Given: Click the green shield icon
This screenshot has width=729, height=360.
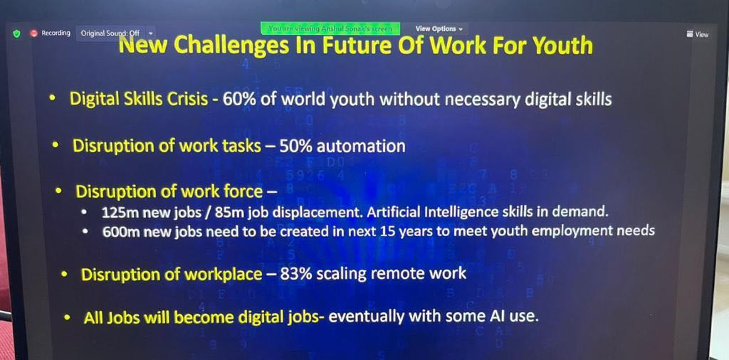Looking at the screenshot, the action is coord(17,33).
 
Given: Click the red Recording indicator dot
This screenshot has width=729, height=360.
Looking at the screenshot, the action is coord(33,33).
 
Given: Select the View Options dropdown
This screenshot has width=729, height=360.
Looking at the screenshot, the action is coord(439,28).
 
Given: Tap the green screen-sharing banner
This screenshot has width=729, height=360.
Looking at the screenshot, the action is coord(330,28).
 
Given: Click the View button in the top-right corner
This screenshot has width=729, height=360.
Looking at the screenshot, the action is coord(698,34).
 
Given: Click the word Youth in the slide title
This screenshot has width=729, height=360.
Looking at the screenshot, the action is coord(562,46).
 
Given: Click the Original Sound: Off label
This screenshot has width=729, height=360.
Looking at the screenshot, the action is coord(110,33).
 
